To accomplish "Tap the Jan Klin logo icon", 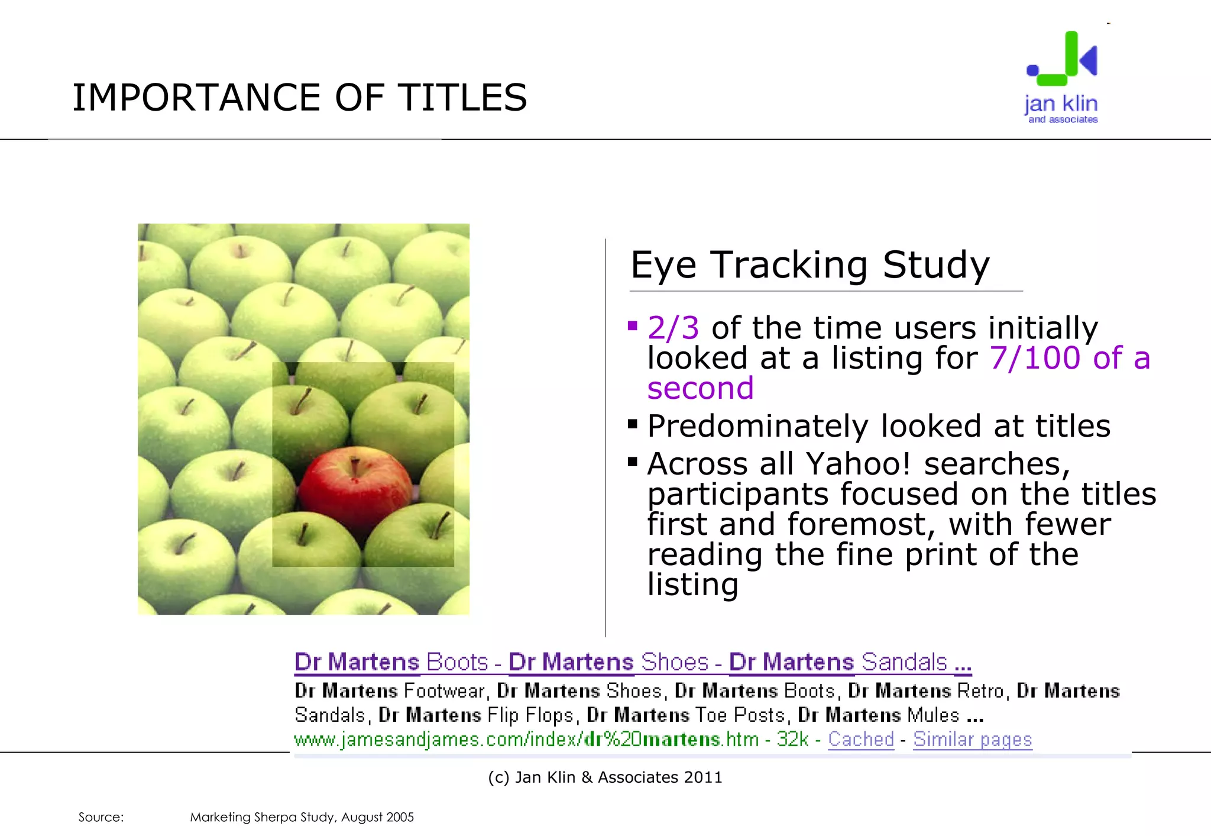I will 1063,59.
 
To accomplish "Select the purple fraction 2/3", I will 673,328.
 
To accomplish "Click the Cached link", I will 860,739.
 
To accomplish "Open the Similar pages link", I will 972,739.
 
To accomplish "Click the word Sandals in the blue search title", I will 904,662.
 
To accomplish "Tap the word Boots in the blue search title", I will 457,662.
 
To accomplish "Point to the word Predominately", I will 757,426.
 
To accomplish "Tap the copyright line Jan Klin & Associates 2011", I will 605,777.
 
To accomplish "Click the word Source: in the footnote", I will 101,817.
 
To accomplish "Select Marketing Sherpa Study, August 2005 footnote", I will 302,817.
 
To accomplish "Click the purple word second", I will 700,389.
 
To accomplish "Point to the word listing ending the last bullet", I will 692,585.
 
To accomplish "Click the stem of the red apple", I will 355,466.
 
